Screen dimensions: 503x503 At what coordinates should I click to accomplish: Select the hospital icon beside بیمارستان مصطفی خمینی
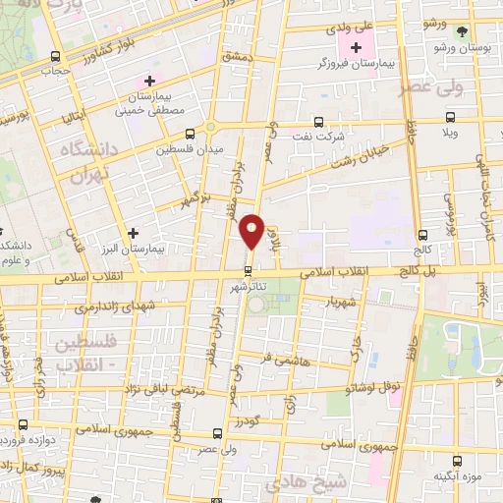click(x=149, y=81)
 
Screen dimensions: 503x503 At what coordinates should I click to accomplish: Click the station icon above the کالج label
click(x=422, y=235)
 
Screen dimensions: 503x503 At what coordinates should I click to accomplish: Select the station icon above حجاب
click(x=55, y=56)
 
